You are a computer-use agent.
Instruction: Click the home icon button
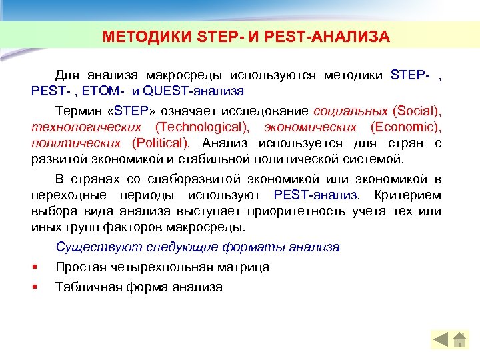[x=459, y=340]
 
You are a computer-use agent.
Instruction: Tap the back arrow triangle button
[x=441, y=340]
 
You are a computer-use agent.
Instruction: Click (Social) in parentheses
[x=417, y=110]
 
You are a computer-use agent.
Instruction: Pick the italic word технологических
[x=86, y=127]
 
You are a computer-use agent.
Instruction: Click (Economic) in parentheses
[x=406, y=127]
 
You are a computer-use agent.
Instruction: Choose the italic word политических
[x=75, y=143]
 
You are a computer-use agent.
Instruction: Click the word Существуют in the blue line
[x=89, y=247]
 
